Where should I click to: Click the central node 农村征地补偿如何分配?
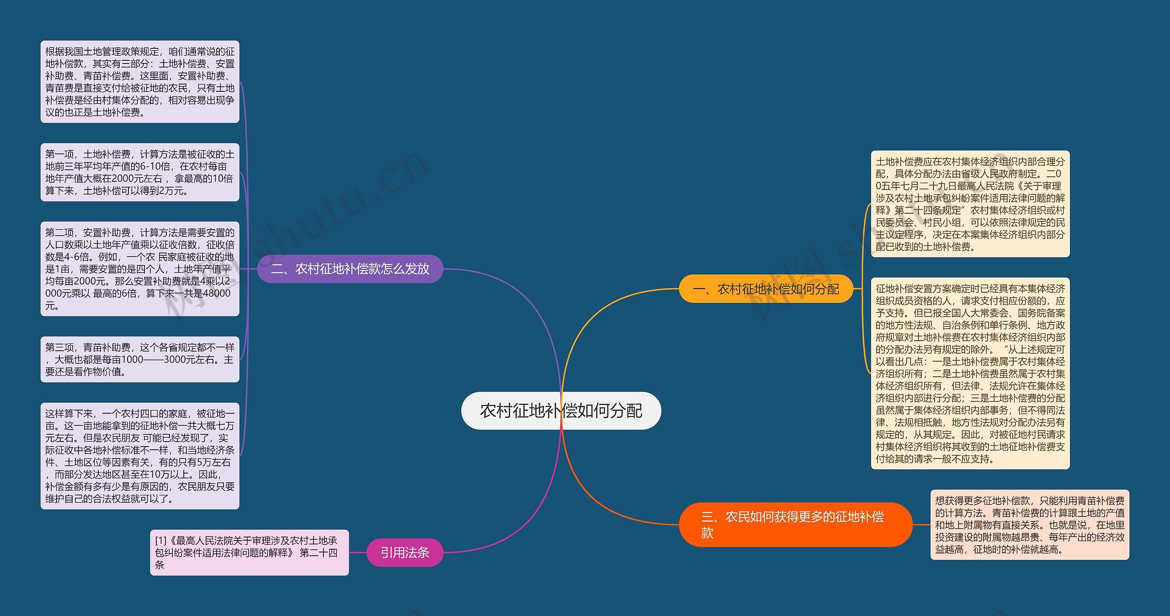point(561,411)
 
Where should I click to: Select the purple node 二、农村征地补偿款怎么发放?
point(350,269)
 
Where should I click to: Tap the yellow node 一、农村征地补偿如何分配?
point(766,289)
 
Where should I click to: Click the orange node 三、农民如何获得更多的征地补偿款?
point(795,524)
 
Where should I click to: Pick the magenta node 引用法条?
point(405,553)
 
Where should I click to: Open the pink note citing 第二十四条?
point(249,553)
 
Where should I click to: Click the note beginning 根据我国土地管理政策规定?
point(140,82)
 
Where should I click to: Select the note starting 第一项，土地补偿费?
point(140,172)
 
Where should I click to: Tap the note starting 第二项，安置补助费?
point(140,269)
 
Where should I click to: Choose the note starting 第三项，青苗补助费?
point(140,359)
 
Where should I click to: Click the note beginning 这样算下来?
point(140,456)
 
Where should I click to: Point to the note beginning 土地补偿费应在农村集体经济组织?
point(970,204)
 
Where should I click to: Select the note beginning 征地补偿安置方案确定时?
point(970,373)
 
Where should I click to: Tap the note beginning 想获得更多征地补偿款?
point(1029,525)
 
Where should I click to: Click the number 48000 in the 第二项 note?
point(216,293)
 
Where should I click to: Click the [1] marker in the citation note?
point(160,541)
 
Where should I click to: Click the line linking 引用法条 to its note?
point(358,553)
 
